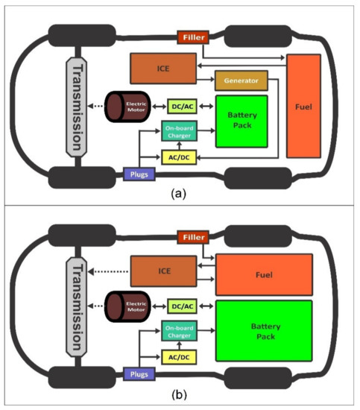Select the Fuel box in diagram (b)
click(x=261, y=274)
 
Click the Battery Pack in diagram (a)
click(x=241, y=121)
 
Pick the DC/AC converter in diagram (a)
click(x=181, y=107)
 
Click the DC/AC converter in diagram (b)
click(x=181, y=306)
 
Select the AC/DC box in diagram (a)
click(x=180, y=157)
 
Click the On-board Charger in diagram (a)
click(x=181, y=132)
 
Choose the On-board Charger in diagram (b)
click(x=181, y=332)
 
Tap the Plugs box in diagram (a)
click(x=139, y=175)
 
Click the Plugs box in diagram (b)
click(x=139, y=374)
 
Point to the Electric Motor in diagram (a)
click(x=126, y=107)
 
